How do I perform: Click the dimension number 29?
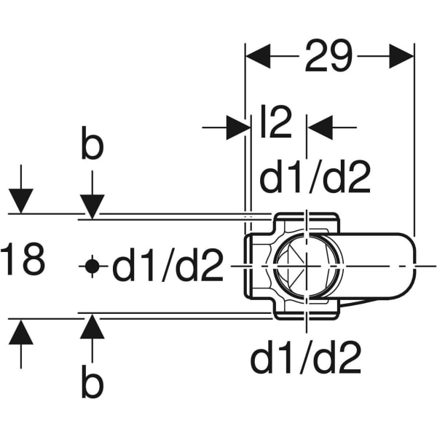tap(328, 56)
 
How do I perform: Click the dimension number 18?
tap(23, 259)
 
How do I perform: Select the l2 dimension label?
tap(276, 122)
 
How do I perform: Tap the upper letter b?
tap(92, 143)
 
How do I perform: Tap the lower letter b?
tap(92, 381)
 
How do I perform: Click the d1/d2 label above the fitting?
tap(315, 177)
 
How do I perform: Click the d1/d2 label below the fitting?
tap(306, 357)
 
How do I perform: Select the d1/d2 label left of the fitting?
tap(168, 265)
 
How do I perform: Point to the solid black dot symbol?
tap(92, 267)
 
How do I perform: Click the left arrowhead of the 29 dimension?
tap(258, 56)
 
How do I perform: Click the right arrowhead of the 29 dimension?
tap(401, 56)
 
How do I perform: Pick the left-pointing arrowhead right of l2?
tap(320, 127)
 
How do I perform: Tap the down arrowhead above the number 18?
tap(21, 201)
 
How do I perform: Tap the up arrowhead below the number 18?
tap(21, 331)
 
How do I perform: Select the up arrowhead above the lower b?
tap(92, 326)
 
